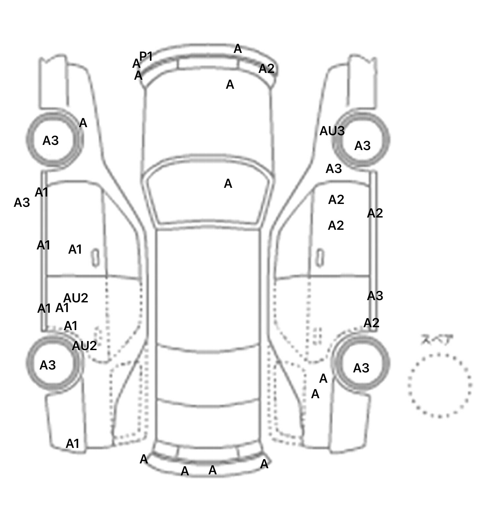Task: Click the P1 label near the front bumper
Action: click(x=146, y=56)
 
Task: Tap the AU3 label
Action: click(x=332, y=131)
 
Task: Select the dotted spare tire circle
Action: click(x=439, y=385)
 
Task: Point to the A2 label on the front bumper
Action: click(x=266, y=68)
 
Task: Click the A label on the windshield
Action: click(x=228, y=184)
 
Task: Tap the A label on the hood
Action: click(x=230, y=85)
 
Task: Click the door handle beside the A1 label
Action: click(x=95, y=258)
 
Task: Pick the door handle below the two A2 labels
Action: click(x=320, y=258)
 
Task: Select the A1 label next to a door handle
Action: click(x=75, y=249)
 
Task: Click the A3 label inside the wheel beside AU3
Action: click(x=362, y=146)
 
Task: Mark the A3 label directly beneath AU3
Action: click(x=334, y=168)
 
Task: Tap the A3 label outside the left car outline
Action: click(x=22, y=203)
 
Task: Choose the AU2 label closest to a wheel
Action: click(x=84, y=346)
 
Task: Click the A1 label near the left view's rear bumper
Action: click(x=73, y=444)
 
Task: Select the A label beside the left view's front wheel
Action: click(x=83, y=123)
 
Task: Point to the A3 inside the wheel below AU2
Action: click(x=48, y=365)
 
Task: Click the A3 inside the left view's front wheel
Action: click(x=51, y=141)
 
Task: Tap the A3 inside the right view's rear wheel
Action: click(x=361, y=368)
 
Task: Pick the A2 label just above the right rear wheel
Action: click(x=371, y=323)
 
